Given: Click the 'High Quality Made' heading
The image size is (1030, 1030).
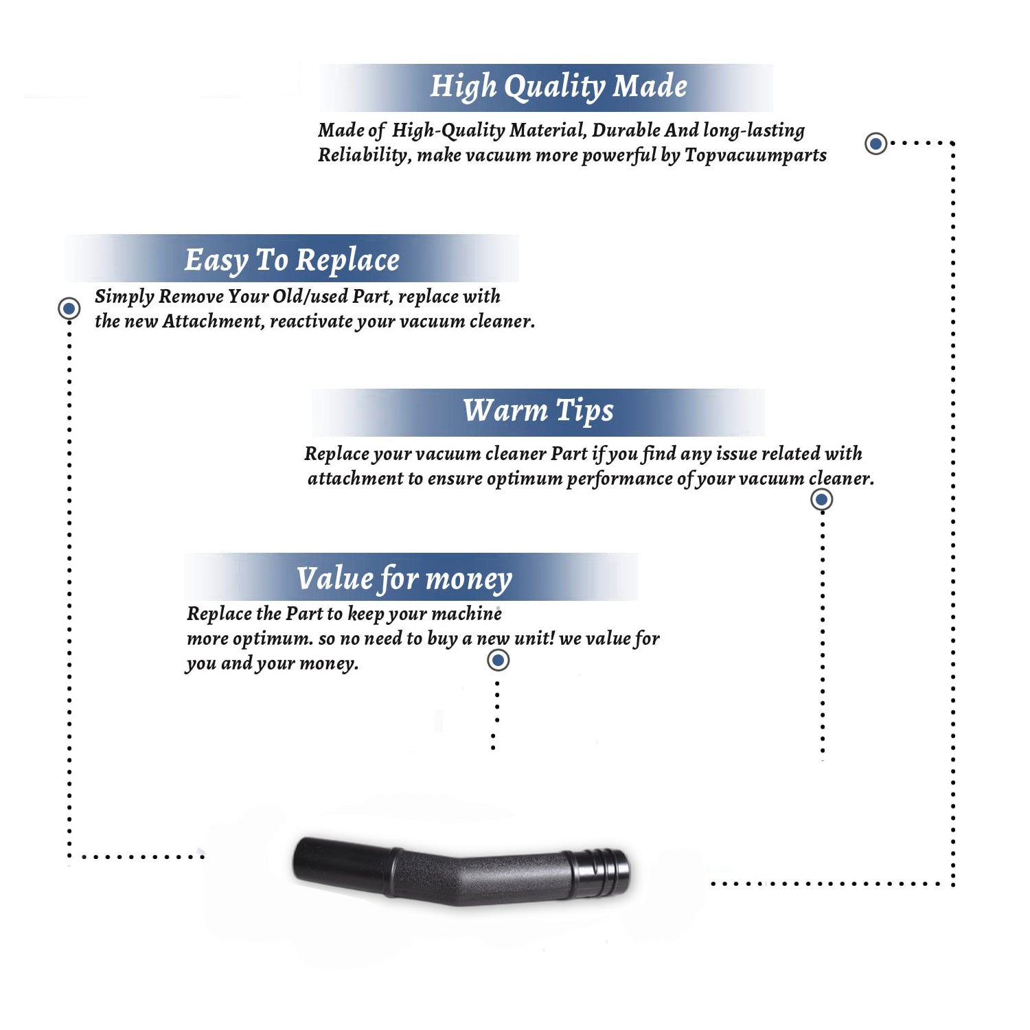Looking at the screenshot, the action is (x=558, y=87).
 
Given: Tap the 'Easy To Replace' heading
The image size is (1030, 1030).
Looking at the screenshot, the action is (x=292, y=261).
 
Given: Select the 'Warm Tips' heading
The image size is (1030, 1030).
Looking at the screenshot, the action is (x=538, y=411).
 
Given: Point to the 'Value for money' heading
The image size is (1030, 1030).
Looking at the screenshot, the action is (x=404, y=579).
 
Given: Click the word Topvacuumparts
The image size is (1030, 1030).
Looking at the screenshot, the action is (x=755, y=156).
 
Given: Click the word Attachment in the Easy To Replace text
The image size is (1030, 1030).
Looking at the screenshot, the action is (x=213, y=321).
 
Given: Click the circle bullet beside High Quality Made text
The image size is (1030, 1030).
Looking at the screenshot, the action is (x=875, y=144).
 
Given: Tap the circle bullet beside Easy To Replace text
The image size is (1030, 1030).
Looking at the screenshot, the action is (x=69, y=308).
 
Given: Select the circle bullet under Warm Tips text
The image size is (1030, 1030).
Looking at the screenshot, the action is (x=822, y=499).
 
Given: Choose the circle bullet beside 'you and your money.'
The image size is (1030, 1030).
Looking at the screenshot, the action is (x=498, y=661).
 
